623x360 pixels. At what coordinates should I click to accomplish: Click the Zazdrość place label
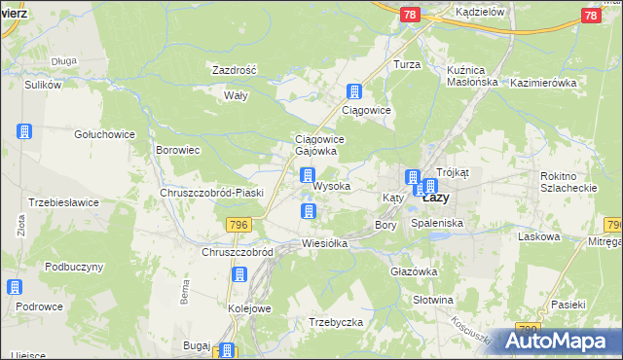coord(234,70)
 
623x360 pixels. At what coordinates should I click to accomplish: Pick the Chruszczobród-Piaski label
coord(211,193)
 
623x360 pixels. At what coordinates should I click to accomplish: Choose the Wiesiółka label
coord(325,243)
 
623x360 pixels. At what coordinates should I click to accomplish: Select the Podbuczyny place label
coord(74,267)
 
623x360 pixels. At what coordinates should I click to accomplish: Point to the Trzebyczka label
coord(336,322)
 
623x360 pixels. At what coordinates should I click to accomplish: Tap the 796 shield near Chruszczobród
coord(239,225)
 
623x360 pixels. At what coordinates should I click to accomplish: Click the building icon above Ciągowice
coord(354,92)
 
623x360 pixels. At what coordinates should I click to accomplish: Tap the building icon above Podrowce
coord(16,287)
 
